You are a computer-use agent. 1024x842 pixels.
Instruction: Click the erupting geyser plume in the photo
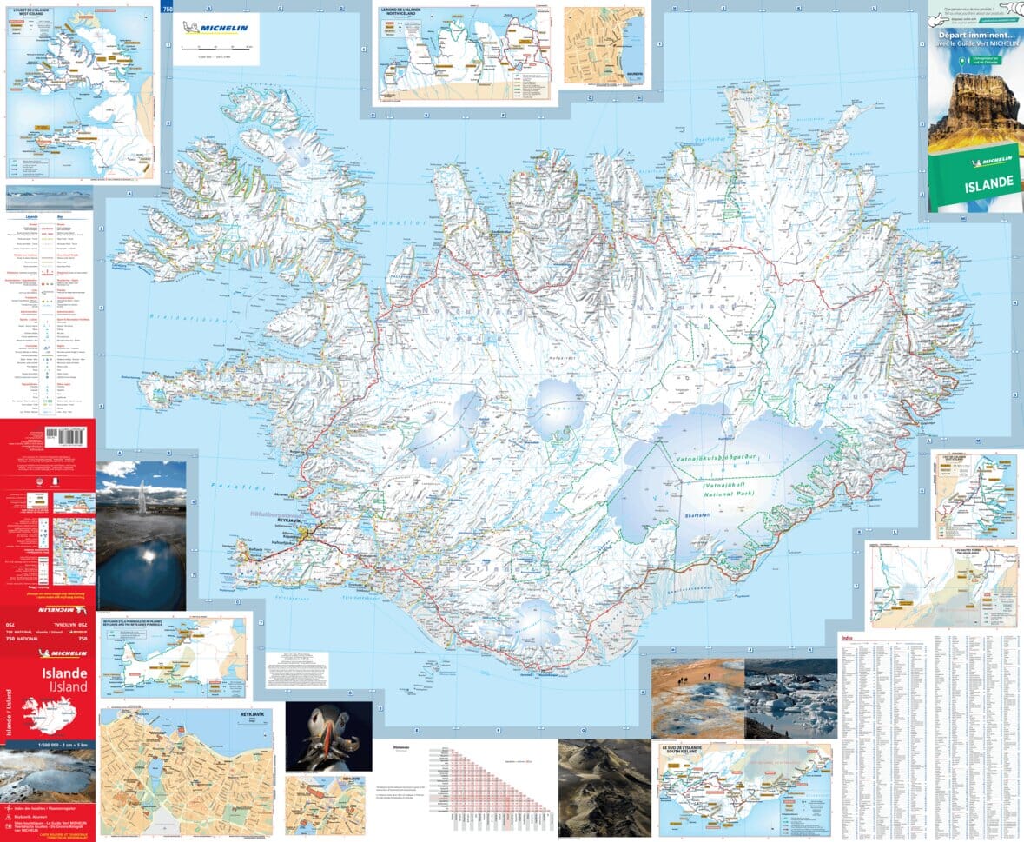(x=142, y=501)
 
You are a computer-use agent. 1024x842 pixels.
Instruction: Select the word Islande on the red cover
(x=64, y=673)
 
